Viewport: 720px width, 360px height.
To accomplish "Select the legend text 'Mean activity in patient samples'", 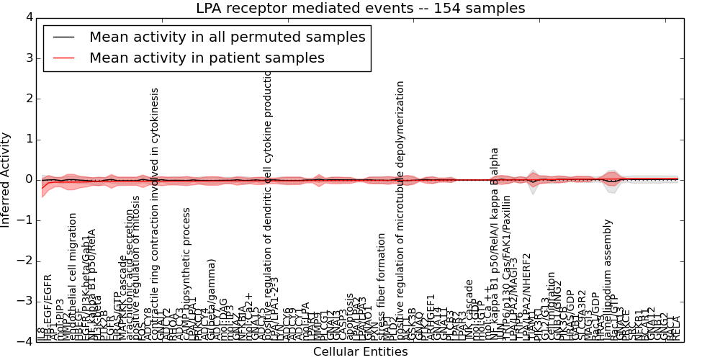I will tap(207, 58).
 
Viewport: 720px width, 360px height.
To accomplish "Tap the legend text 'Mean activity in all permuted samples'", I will tap(227, 37).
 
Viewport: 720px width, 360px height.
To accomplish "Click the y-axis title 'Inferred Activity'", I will tap(6, 180).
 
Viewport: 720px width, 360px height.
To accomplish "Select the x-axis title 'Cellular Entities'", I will tap(361, 352).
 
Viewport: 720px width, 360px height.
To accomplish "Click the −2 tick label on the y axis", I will tap(26, 261).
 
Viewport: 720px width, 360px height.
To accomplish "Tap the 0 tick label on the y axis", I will tap(30, 180).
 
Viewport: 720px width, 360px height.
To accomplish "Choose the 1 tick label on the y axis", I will tap(30, 140).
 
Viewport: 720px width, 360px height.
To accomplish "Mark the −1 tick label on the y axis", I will tap(26, 221).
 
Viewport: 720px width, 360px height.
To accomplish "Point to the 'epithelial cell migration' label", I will tap(73, 276).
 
